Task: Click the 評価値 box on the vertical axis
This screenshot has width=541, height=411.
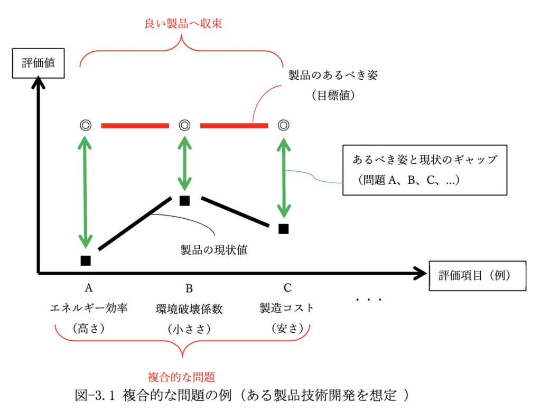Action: tap(38, 64)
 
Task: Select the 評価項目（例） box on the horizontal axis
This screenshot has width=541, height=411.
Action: tap(478, 275)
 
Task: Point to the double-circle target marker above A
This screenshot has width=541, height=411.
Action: tap(85, 125)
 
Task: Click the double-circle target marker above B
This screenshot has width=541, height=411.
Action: tap(184, 125)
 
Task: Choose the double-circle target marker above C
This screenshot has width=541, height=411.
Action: tap(284, 125)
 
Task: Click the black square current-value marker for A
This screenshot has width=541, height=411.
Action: tap(86, 260)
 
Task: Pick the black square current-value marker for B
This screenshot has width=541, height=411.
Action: tap(184, 201)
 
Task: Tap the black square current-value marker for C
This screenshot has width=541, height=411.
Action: tap(284, 229)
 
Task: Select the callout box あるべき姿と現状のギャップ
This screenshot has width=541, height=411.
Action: tap(425, 170)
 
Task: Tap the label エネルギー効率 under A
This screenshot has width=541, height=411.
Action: tap(89, 308)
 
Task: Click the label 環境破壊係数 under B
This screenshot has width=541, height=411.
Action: tap(189, 309)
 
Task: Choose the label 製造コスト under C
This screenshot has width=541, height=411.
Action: tap(287, 308)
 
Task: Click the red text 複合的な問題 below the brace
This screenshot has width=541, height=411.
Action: tap(182, 377)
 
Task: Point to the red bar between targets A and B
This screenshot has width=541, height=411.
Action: tap(135, 126)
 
